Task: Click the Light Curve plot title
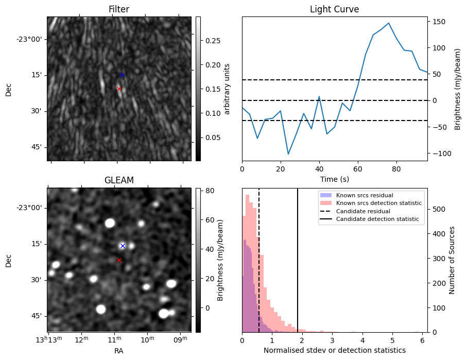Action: click(x=334, y=9)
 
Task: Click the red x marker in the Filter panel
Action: click(x=119, y=89)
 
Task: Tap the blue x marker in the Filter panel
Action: click(x=122, y=75)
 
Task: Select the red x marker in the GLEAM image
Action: click(x=119, y=260)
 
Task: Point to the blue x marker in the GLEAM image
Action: click(x=123, y=246)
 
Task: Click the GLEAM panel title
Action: click(x=119, y=180)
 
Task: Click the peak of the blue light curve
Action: click(x=389, y=23)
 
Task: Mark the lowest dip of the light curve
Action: click(x=288, y=154)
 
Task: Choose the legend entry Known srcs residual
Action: click(x=364, y=195)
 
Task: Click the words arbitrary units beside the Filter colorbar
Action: click(x=227, y=89)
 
